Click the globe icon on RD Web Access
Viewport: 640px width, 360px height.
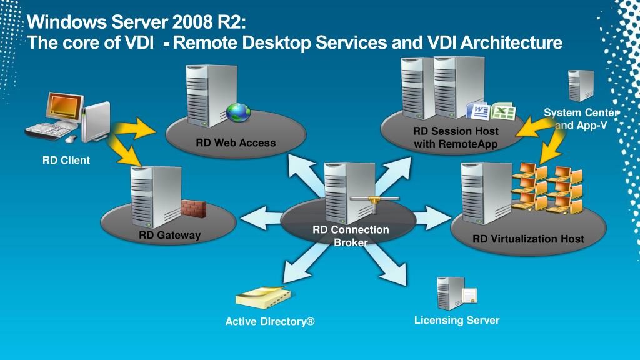(x=238, y=112)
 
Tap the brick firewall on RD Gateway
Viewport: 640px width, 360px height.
(x=194, y=208)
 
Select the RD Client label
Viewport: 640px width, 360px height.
(x=66, y=160)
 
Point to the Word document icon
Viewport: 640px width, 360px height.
(x=478, y=110)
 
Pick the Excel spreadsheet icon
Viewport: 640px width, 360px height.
(x=503, y=111)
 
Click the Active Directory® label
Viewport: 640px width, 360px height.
(x=270, y=322)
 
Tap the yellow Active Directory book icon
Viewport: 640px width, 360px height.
(x=264, y=297)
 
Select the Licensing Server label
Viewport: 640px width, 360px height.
(x=457, y=321)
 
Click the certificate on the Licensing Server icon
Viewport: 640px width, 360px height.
(x=470, y=296)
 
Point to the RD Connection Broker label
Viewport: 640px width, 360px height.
(x=351, y=236)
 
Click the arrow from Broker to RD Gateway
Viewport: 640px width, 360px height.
(x=261, y=218)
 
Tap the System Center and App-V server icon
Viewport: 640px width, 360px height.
(x=581, y=86)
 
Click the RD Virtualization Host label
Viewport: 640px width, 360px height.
(x=528, y=239)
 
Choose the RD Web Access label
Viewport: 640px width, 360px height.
(x=236, y=143)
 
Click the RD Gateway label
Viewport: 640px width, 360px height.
(x=170, y=235)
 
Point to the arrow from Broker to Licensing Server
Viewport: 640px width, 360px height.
(x=386, y=264)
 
